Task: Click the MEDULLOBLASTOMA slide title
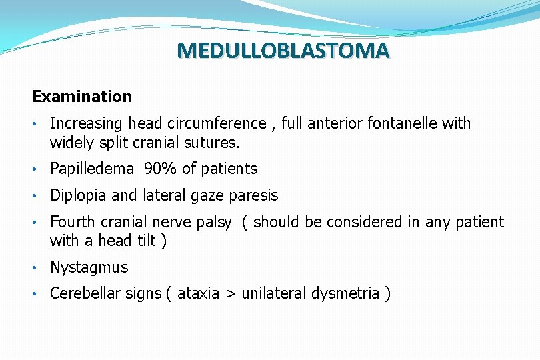click(x=283, y=51)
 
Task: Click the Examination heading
click(x=82, y=97)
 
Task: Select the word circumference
click(x=224, y=123)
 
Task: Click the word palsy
click(x=213, y=222)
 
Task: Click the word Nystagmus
click(x=89, y=267)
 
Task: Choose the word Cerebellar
click(x=84, y=293)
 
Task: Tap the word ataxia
click(x=199, y=293)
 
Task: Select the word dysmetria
click(x=345, y=293)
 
